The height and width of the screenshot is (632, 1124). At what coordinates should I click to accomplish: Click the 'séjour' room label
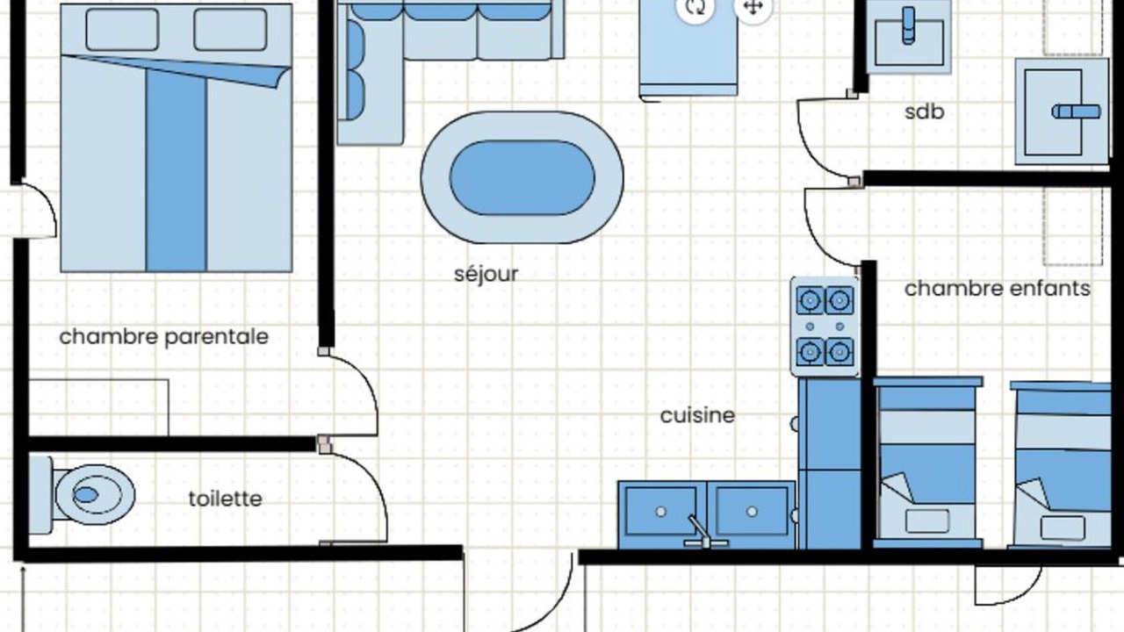pyautogui.click(x=486, y=275)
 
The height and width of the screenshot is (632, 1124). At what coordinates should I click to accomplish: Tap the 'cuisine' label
pyautogui.click(x=697, y=415)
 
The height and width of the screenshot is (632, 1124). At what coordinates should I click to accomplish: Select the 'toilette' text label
pyautogui.click(x=226, y=499)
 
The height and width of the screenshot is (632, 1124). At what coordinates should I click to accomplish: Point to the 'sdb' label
pyautogui.click(x=925, y=111)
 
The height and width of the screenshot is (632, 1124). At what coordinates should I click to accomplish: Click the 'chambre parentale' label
pyautogui.click(x=164, y=336)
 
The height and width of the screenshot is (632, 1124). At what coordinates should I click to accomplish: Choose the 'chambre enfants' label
pyautogui.click(x=998, y=289)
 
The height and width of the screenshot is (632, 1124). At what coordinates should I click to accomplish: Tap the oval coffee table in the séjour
pyautogui.click(x=522, y=177)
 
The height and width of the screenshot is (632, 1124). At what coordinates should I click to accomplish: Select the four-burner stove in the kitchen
pyautogui.click(x=825, y=326)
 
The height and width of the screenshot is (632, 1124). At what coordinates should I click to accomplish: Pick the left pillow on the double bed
pyautogui.click(x=122, y=30)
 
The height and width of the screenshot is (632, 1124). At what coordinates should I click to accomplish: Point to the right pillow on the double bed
pyautogui.click(x=230, y=30)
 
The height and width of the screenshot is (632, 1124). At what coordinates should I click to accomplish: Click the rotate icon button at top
pyautogui.click(x=695, y=7)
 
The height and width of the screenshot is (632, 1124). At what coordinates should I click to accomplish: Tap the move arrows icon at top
pyautogui.click(x=753, y=7)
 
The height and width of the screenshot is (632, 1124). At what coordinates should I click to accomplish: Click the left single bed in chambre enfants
pyautogui.click(x=928, y=463)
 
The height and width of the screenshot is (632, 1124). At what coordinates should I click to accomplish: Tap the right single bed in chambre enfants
pyautogui.click(x=1061, y=464)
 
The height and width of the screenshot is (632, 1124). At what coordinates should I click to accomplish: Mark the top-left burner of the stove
pyautogui.click(x=810, y=300)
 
